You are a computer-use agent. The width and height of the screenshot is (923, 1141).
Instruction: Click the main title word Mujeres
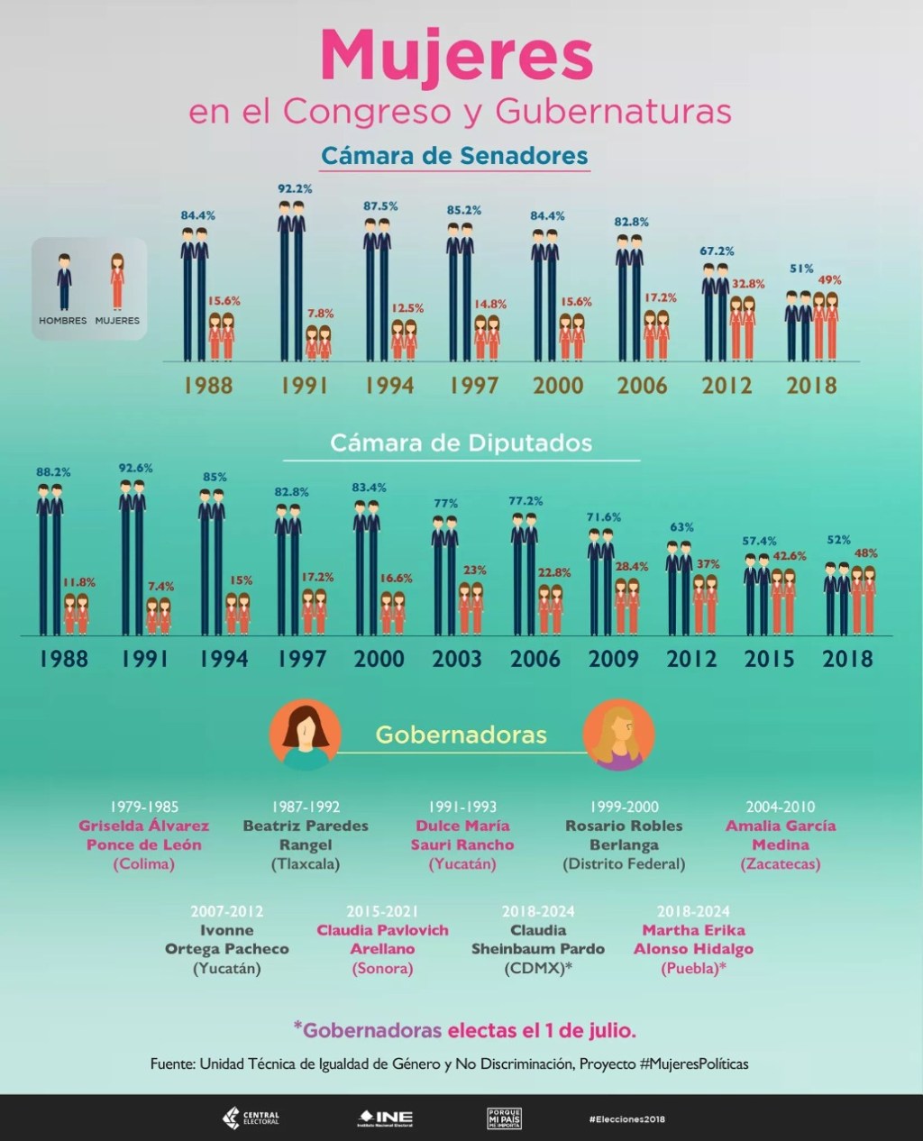[x=457, y=56]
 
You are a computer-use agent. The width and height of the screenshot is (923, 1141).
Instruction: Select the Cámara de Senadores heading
[x=454, y=155]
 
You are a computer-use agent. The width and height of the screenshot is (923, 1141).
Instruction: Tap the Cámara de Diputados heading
[x=461, y=443]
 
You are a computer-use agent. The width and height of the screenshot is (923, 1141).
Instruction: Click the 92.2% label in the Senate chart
[x=295, y=189]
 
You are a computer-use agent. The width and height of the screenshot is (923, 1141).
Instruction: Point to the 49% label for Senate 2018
[x=829, y=280]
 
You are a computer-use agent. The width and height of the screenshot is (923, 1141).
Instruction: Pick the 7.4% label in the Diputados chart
[x=160, y=586]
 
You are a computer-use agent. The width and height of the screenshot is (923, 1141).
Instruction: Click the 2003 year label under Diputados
[x=457, y=659]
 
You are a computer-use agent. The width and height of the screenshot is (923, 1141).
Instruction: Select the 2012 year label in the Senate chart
[x=727, y=386]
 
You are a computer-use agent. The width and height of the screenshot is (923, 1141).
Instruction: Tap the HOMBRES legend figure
[x=64, y=281]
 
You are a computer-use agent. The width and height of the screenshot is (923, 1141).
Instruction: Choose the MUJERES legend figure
[x=117, y=281]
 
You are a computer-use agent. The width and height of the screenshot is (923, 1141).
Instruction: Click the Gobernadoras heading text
[x=461, y=735]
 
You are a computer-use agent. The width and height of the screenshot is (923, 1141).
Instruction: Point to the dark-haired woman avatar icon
[x=306, y=735]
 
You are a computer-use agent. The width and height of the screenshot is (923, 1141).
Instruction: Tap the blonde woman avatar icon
[x=618, y=735]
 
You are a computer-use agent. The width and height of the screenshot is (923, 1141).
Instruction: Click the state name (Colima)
[x=143, y=863]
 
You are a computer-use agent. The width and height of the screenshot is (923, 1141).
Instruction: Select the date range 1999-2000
[x=624, y=807]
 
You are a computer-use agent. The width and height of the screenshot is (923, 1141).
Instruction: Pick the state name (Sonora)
[x=382, y=968]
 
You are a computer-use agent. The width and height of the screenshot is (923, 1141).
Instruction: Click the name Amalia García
[x=781, y=826]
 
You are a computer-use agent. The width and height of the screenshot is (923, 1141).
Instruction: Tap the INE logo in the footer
[x=385, y=1118]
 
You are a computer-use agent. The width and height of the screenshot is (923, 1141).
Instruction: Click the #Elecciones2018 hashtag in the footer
[x=626, y=1118]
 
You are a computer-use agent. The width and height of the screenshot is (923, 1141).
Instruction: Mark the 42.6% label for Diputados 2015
[x=790, y=556]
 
